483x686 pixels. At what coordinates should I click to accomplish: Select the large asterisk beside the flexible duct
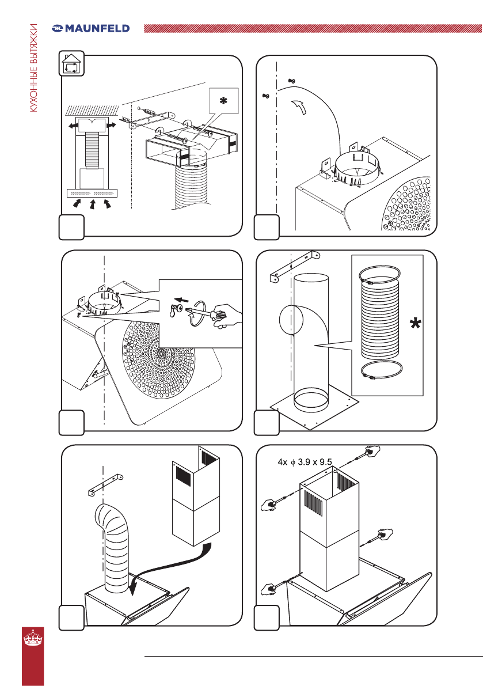(x=414, y=325)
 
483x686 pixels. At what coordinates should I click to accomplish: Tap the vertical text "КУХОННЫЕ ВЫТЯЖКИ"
(x=34, y=75)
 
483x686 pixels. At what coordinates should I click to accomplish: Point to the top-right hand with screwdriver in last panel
(x=371, y=452)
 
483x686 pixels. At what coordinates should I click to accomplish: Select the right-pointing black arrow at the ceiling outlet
(x=111, y=124)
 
